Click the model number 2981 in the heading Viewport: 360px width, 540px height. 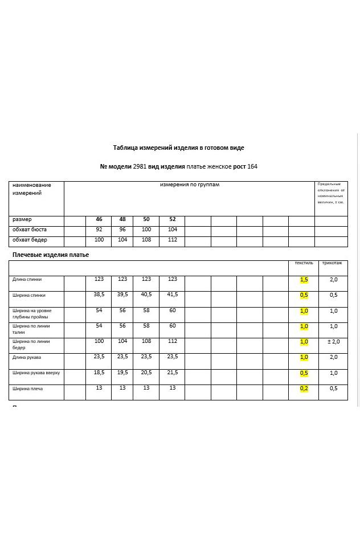[140, 167]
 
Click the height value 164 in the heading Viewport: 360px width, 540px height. [252, 167]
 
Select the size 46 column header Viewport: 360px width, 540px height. [99, 219]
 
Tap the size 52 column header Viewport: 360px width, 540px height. [173, 219]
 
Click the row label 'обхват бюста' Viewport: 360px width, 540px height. [30, 230]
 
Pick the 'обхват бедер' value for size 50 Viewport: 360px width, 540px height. [146, 240]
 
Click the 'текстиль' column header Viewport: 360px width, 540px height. [304, 263]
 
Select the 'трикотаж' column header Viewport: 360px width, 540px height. [332, 263]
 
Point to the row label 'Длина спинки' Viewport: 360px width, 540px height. [27, 280]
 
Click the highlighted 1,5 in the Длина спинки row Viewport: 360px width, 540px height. [304, 280]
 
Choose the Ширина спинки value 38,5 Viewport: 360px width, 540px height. [99, 294]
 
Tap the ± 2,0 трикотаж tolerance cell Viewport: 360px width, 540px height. [333, 342]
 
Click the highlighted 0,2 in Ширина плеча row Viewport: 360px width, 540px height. [304, 388]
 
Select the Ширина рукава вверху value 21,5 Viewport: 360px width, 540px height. [173, 373]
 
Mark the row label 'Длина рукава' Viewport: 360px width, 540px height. [27, 358]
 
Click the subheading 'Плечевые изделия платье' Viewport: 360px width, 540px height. [51, 255]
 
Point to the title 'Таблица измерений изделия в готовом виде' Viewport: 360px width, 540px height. [178, 148]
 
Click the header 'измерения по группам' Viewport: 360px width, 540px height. [189, 185]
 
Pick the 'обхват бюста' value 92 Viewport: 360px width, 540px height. [99, 230]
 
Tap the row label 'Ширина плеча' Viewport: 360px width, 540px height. [28, 389]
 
